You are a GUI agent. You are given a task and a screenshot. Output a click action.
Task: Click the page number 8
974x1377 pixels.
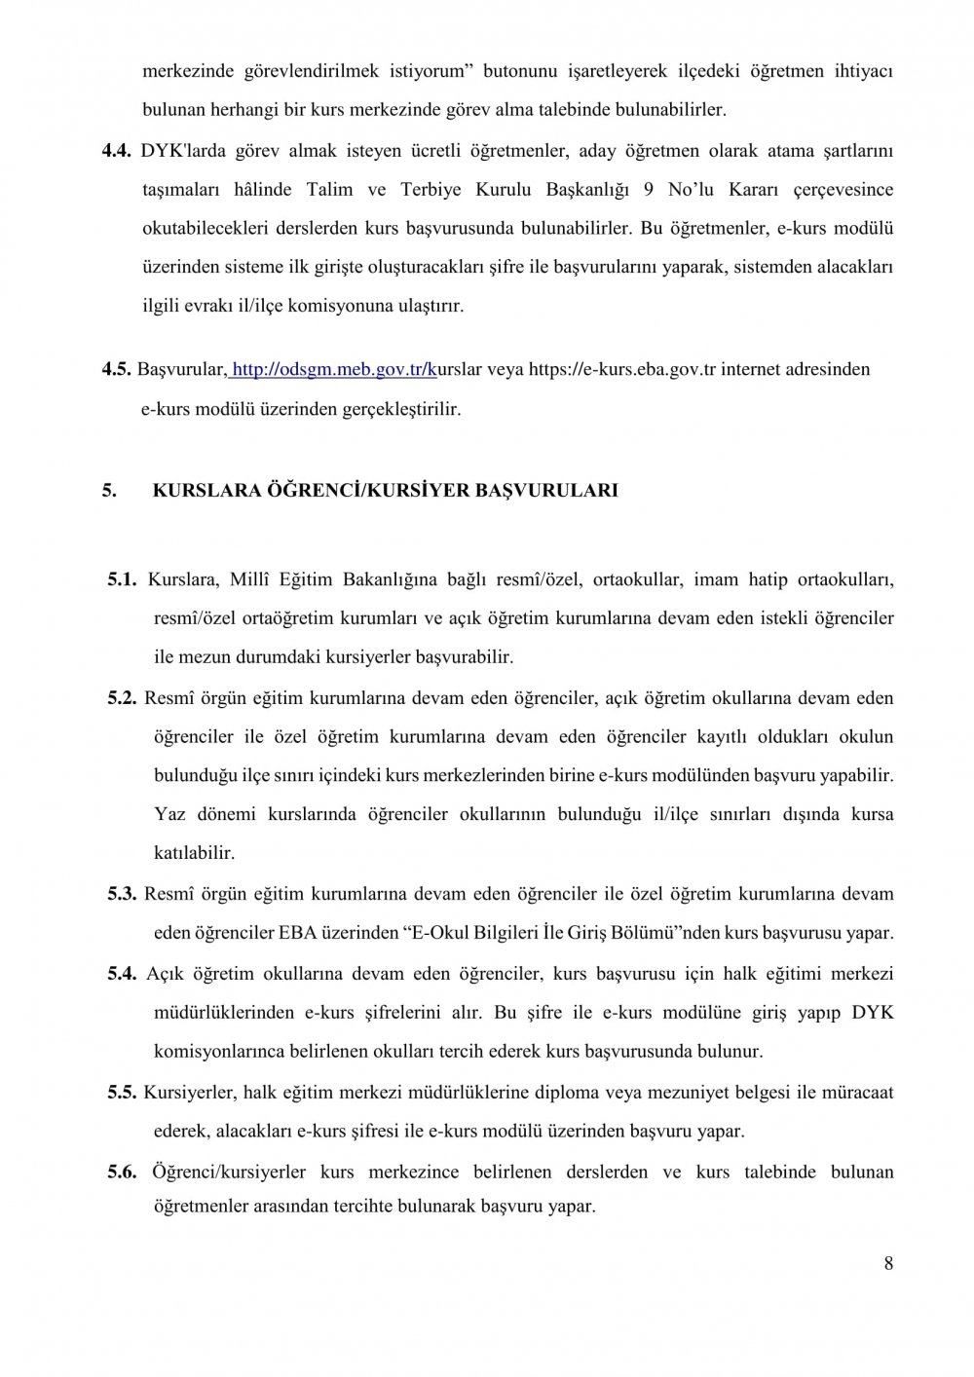click(888, 1264)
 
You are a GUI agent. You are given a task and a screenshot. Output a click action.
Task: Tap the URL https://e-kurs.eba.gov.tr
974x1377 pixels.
click(615, 369)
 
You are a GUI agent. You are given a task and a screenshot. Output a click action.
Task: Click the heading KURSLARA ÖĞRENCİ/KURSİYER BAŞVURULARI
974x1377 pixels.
click(385, 490)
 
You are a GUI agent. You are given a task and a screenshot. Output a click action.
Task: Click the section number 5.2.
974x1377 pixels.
click(123, 697)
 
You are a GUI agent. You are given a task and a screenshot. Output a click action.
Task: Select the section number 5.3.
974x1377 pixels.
click(123, 893)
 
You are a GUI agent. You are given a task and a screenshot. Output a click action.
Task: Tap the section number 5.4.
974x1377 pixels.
click(123, 973)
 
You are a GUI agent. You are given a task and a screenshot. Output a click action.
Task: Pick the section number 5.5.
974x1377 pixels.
click(123, 1092)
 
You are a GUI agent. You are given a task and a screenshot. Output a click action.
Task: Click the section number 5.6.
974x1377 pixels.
click(123, 1172)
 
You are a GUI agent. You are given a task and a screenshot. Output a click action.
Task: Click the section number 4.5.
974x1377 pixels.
click(117, 369)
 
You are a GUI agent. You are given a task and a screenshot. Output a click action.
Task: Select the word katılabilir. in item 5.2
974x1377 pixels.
click(194, 853)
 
